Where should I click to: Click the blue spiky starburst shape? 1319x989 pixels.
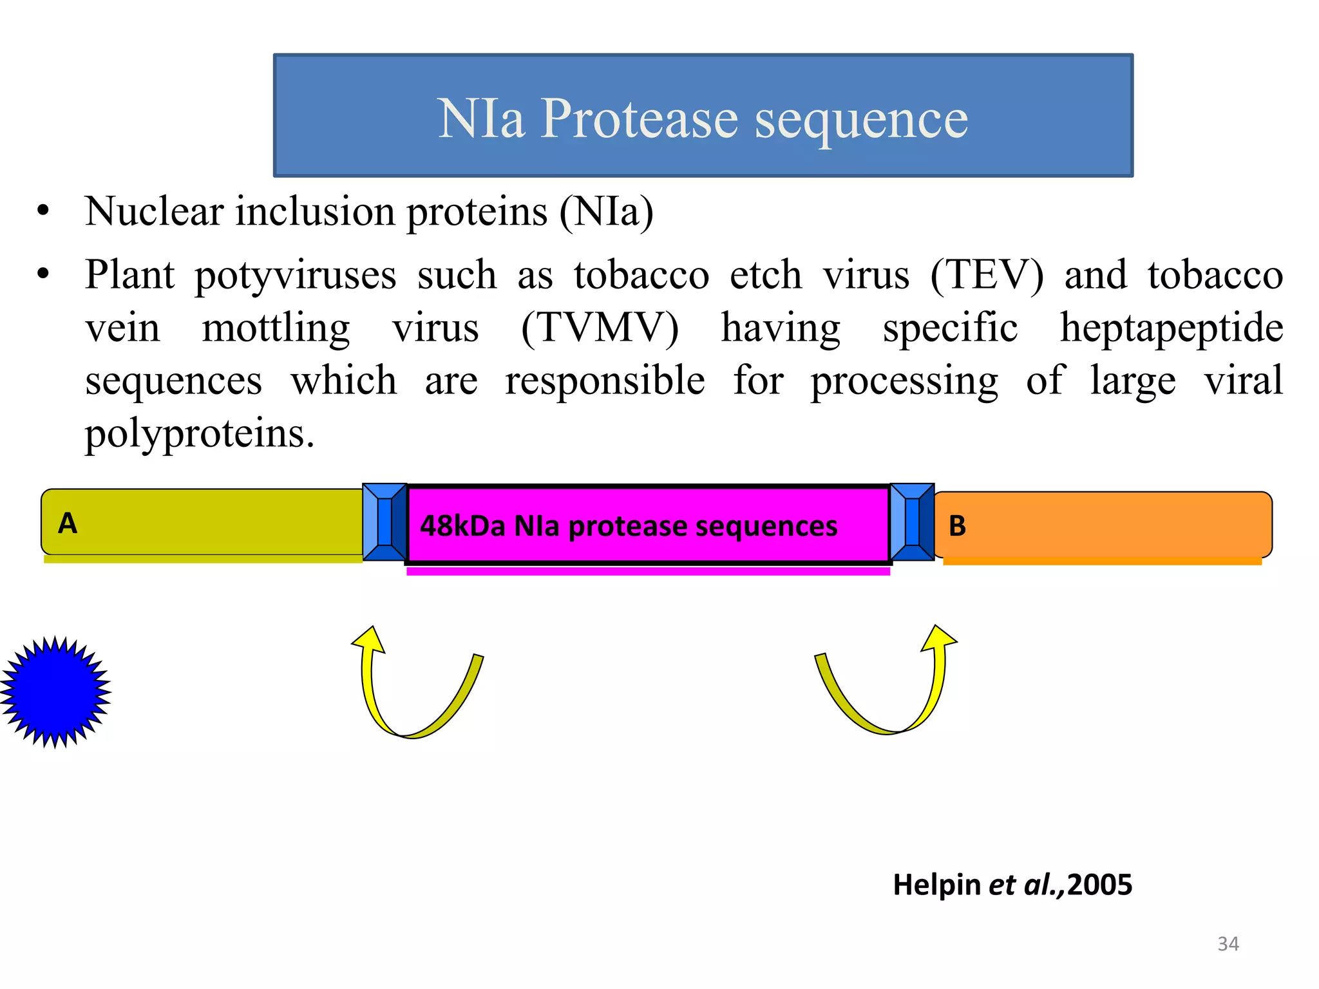[x=55, y=692]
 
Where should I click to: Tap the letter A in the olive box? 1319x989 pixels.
[x=68, y=523]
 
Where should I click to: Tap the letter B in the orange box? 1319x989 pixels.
[x=957, y=526]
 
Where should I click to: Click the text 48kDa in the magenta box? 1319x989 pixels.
[x=462, y=526]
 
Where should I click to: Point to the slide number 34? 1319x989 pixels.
[x=1228, y=944]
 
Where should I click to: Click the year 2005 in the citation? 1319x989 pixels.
[x=1099, y=885]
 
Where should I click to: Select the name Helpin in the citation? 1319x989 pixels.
[x=936, y=885]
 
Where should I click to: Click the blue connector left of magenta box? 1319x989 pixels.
[x=384, y=522]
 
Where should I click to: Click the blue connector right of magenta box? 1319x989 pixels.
[x=912, y=522]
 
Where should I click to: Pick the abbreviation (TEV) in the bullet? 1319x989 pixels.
[x=986, y=275]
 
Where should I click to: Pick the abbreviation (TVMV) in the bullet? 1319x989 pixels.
[x=600, y=328]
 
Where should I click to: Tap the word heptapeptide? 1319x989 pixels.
[x=1171, y=328]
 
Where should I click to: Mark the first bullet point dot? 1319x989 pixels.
[x=43, y=211]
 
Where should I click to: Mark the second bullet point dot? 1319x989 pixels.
[x=43, y=274]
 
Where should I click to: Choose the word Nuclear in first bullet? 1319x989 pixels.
[x=155, y=211]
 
